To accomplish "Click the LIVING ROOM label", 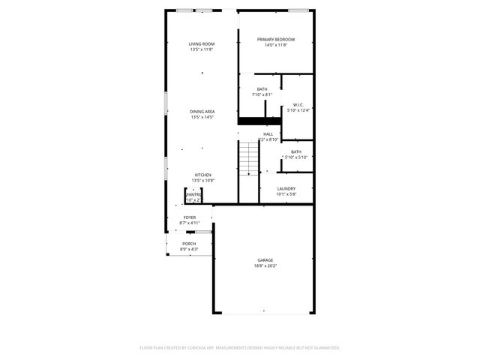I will click(x=201, y=44).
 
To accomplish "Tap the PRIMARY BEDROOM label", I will click(x=275, y=40).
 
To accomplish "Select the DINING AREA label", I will click(x=202, y=112).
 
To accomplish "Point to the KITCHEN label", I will click(x=202, y=175).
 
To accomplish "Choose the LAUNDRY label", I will click(x=286, y=189).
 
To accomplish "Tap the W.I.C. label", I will click(x=298, y=105).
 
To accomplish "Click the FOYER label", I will click(x=190, y=217).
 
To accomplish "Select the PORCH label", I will click(x=189, y=244).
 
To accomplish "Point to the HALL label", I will click(x=268, y=133).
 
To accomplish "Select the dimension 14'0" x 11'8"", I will click(x=275, y=45).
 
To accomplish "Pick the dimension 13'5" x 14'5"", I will click(x=202, y=117).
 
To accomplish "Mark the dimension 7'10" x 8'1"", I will click(x=262, y=95).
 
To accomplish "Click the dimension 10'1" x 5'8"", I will click(x=286, y=194).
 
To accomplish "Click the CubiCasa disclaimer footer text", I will click(x=240, y=348).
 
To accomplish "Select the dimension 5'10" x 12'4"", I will click(x=298, y=110).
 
